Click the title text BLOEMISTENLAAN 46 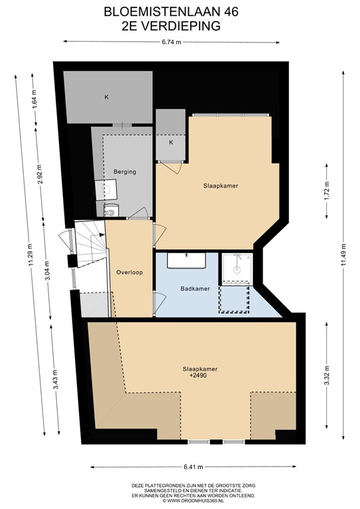[x=180, y=12]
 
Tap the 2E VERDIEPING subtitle [x=180, y=27]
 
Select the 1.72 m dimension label [x=326, y=192]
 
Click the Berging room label [x=125, y=172]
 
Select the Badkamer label [x=195, y=289]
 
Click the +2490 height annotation [x=200, y=376]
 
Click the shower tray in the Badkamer [x=235, y=266]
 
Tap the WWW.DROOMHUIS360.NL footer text [x=192, y=500]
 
